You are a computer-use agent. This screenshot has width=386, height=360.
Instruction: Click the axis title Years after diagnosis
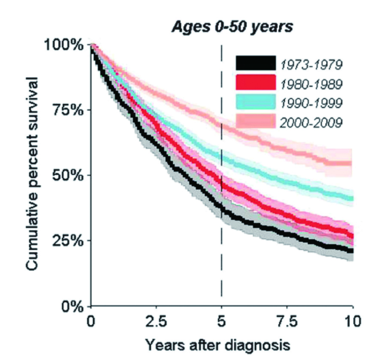221,344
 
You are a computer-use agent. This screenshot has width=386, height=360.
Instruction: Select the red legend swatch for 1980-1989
255,82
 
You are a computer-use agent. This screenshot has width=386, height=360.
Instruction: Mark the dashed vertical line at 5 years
221,257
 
